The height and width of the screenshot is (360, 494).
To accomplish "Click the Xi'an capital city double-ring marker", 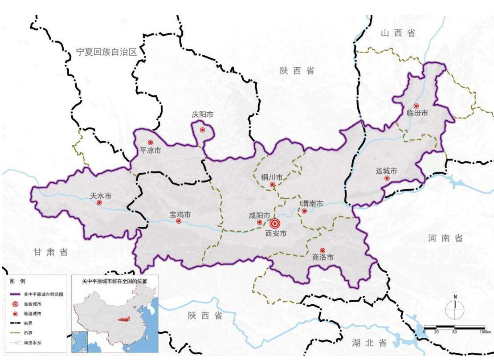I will pos(275,224).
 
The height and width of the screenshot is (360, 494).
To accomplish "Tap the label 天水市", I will pos(100,196).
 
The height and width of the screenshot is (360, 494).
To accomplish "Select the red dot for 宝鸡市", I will pos(179,221).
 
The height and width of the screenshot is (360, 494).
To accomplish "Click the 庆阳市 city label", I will pos(202,115).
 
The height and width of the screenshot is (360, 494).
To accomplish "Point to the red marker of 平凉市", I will pos(151,143).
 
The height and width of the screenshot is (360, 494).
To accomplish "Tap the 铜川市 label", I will pos(272,177).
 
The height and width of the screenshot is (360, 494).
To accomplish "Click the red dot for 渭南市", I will pos(304,211).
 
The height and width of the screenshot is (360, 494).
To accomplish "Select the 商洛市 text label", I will pos(323,257).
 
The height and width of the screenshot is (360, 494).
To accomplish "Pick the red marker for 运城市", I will pos(387,178).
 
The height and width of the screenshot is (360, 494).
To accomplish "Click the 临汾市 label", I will pos(417,113).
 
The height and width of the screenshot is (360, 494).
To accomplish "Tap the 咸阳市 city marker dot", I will pos(259,222).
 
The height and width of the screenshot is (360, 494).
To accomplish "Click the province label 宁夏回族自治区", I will pos(106,52).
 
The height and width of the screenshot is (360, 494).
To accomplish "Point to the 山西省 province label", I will pos(398,33).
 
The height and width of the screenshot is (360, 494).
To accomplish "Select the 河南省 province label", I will pos(445,238).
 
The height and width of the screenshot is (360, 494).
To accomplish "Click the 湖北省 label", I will pos(369,343).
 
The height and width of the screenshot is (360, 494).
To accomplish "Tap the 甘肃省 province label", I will pos(51,252).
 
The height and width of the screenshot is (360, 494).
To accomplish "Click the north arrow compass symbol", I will pos(455,307).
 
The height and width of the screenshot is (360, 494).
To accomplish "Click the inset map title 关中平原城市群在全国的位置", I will pos(114,282).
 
